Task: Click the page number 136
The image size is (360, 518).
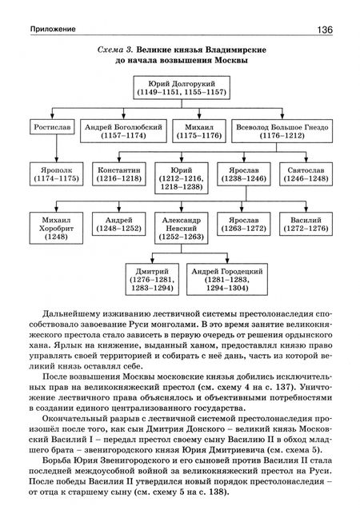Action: tap(325, 29)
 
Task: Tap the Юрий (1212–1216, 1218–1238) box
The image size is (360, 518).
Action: tap(181, 179)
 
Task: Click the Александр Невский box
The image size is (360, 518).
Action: tap(181, 226)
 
